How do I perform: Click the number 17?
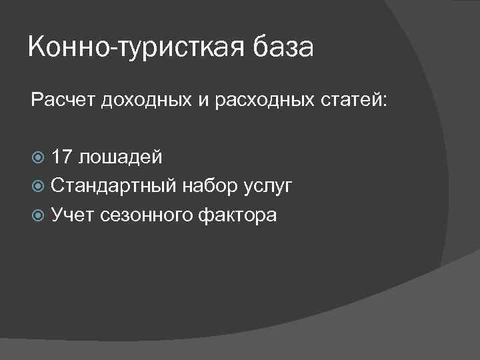pos(63,157)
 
